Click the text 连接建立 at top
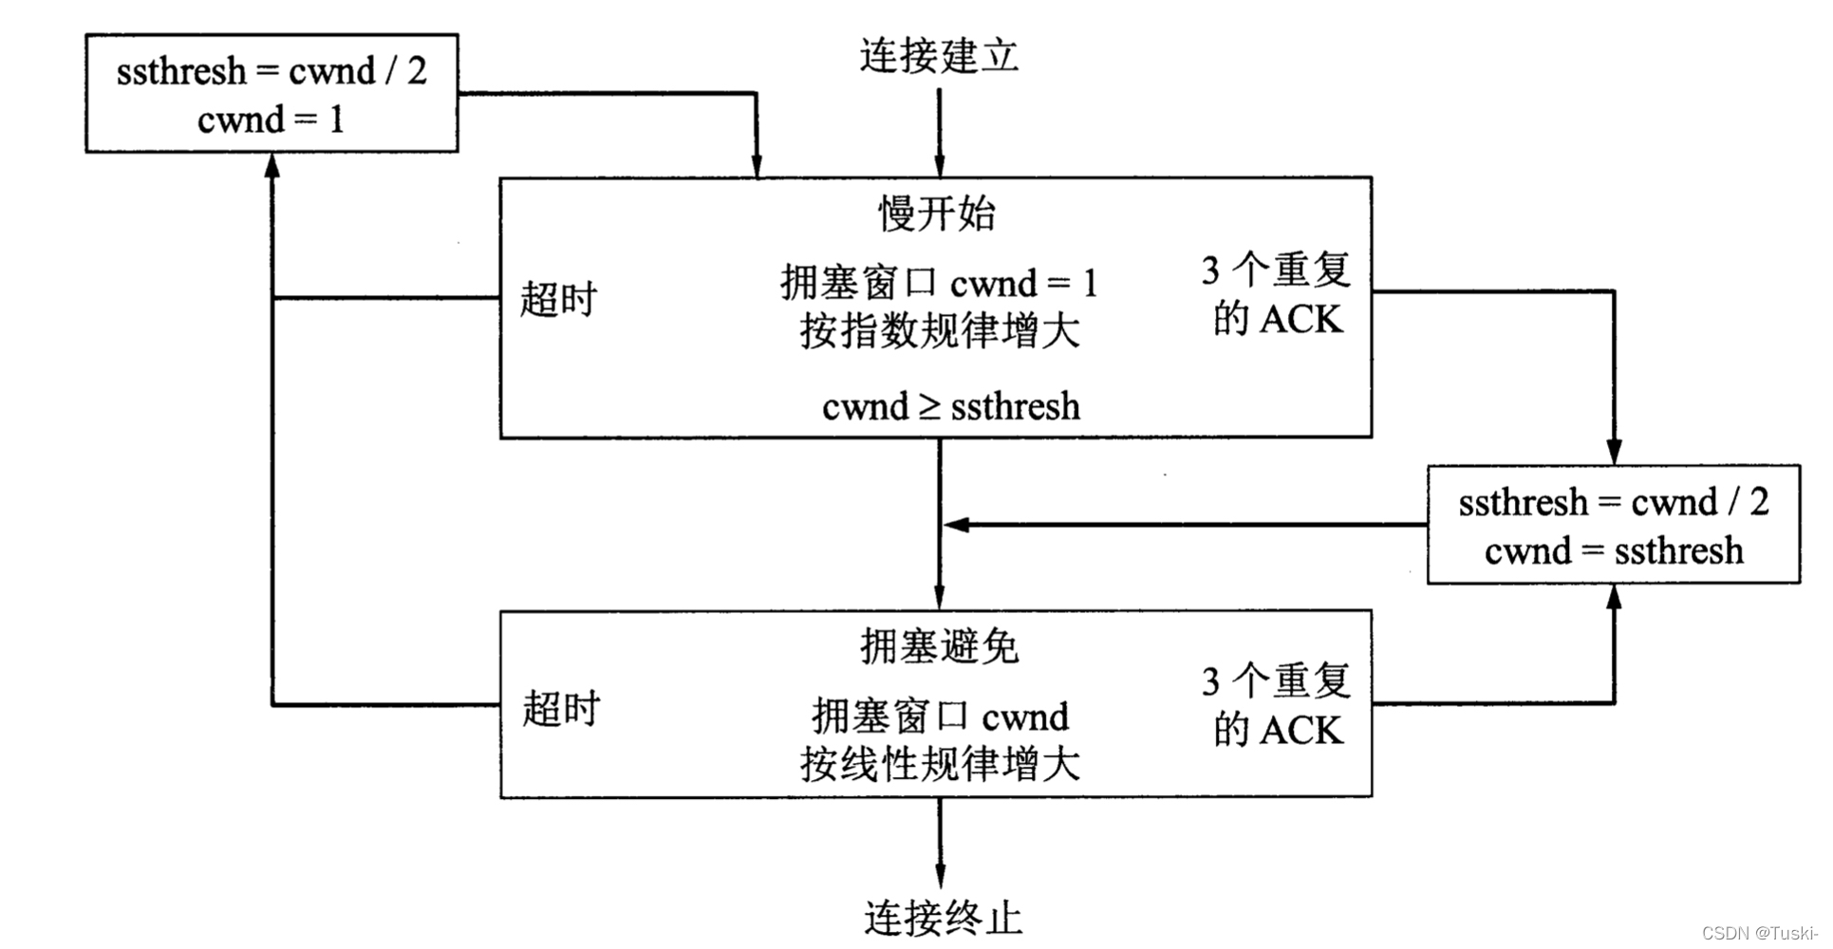pos(939,56)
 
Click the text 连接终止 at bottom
pos(943,918)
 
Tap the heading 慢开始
pos(937,214)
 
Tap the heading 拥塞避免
pos(939,647)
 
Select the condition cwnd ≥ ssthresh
pos(950,407)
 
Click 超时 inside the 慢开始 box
pos(558,299)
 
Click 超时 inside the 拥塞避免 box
pos(561,709)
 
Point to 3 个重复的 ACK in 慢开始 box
pos(1277,295)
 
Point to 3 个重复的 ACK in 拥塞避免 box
pos(1277,706)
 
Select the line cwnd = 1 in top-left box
pos(271,121)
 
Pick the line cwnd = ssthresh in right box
pos(1614,550)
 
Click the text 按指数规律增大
pos(939,332)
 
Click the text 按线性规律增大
pos(939,764)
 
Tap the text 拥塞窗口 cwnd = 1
pos(939,283)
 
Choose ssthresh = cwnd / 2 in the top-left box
pos(271,71)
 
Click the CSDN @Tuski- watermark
pos(1760,933)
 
